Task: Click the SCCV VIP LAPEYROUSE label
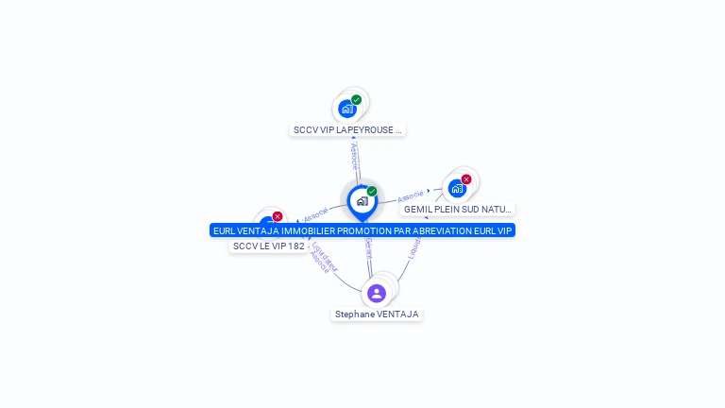pos(346,130)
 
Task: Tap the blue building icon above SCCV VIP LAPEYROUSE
pos(347,109)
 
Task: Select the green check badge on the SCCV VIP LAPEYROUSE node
pos(356,99)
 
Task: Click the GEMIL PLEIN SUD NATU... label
pos(457,209)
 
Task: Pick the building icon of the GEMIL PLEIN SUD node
pos(457,188)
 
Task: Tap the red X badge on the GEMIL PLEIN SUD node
pos(466,179)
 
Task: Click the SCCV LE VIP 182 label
pos(268,246)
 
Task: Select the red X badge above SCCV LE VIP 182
pos(278,216)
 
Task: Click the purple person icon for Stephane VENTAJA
pos(377,293)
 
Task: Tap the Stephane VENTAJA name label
pos(377,314)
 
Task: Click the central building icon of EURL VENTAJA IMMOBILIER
pos(362,200)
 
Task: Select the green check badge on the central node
pos(372,191)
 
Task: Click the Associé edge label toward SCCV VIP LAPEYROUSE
pos(355,156)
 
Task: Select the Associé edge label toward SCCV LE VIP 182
pos(316,213)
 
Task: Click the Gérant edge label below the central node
pos(368,248)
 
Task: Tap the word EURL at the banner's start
pos(225,230)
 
